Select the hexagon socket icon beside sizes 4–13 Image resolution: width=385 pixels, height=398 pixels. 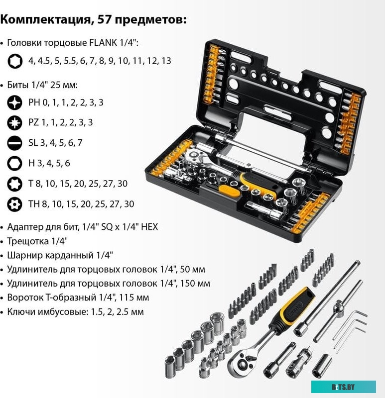coord(15,61)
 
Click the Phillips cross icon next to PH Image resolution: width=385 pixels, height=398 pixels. coord(15,102)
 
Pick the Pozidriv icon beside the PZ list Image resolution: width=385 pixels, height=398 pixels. coord(15,122)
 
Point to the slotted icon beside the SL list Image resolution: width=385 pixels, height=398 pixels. coord(15,143)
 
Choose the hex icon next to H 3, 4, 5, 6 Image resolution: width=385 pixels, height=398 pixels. coord(15,163)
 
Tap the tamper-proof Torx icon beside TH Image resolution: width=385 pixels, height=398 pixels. coord(15,204)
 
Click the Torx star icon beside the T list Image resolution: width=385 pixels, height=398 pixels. coord(15,184)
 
